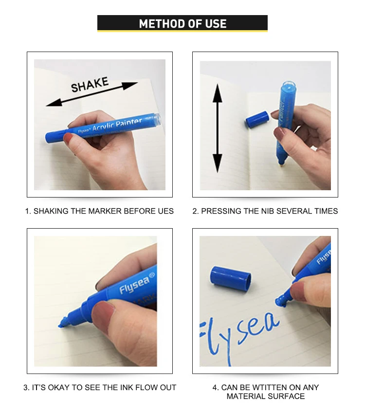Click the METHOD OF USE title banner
click(x=182, y=23)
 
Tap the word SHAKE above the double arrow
click(x=90, y=85)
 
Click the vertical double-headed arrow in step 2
click(x=218, y=128)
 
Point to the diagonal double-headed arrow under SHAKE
click(x=92, y=94)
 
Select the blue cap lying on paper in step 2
click(x=257, y=119)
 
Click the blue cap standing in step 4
click(x=231, y=277)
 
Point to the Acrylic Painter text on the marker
click(x=117, y=124)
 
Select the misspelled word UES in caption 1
click(x=166, y=211)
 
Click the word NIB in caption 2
click(x=268, y=211)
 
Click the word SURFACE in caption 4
click(x=287, y=396)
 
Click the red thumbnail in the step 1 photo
click(x=68, y=139)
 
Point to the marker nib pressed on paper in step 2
click(x=281, y=163)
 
